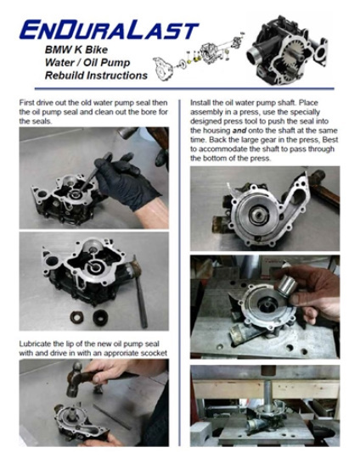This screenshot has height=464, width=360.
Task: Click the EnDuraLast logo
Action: [109, 30]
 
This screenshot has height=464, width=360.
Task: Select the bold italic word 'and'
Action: [239, 130]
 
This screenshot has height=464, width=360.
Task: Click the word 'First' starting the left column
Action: [26, 103]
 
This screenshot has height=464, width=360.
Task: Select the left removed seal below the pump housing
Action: [76, 317]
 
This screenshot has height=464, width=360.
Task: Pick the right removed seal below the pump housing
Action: [100, 317]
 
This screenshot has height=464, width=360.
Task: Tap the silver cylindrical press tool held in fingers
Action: [285, 285]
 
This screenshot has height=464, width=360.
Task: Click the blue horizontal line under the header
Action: [184, 88]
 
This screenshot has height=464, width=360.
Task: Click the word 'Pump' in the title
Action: [115, 63]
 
